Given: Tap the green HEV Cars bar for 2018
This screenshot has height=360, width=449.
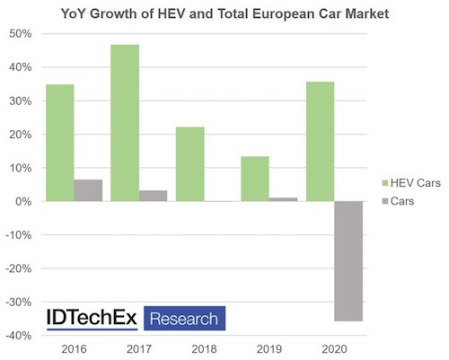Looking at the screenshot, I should pos(189,164).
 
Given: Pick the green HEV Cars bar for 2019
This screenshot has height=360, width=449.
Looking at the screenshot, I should pos(255,179).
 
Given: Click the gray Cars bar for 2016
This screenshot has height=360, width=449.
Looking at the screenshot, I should pos(88,190).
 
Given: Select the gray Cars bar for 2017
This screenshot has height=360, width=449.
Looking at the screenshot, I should pos(154,196).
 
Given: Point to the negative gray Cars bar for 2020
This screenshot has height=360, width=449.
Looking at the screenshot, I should pos(348,260).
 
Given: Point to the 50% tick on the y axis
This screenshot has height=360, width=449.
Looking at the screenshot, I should pos(21,33).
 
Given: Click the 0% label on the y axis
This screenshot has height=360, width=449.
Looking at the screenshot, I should pos(24,201).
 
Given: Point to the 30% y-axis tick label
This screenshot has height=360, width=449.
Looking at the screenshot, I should pos(21,101).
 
